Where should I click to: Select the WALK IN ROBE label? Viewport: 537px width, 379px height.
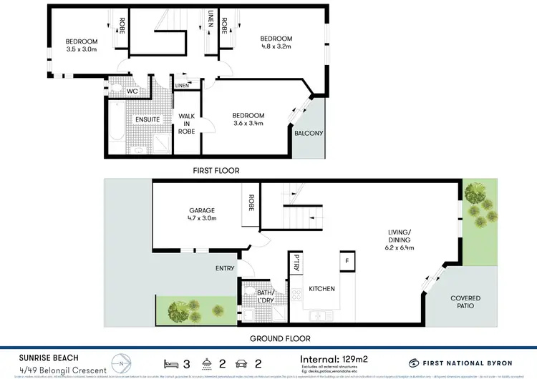187,124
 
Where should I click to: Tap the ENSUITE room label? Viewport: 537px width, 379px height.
139,119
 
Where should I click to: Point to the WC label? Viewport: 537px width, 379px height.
132,92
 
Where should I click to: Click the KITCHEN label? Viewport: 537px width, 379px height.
321,288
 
